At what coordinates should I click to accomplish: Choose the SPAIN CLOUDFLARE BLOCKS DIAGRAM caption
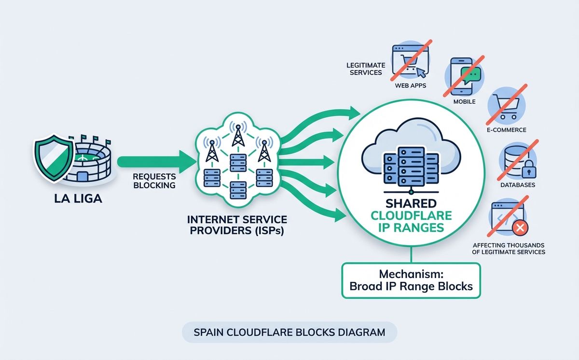(289, 332)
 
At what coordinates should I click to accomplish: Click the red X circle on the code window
(520, 228)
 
